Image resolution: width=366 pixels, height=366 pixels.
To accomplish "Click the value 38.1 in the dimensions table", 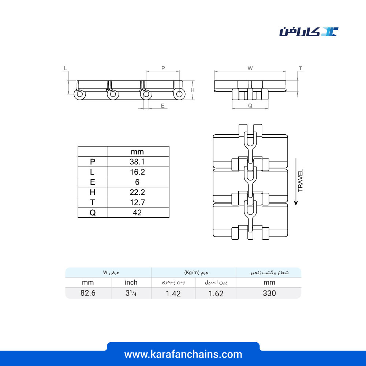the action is (137, 161).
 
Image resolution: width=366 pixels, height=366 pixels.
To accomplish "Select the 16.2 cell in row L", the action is (137, 172).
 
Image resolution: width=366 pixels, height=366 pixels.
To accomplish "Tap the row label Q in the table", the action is (93, 212).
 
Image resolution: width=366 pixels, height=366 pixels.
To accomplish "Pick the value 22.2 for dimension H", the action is (137, 192).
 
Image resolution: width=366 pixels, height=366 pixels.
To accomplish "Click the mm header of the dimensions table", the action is (137, 152).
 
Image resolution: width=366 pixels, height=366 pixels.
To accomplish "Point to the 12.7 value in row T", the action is (137, 202).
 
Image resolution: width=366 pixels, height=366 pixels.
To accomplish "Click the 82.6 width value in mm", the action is (88, 293).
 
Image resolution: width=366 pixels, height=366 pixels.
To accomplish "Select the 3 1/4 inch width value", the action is (131, 293).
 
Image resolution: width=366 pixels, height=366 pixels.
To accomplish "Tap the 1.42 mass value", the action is (173, 294).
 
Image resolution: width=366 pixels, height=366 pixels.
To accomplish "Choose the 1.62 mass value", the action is (216, 294).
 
